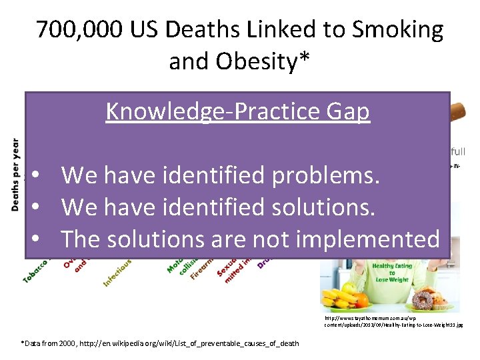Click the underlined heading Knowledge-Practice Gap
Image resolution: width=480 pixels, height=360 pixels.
(x=237, y=111)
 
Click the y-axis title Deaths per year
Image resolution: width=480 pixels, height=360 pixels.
(x=15, y=175)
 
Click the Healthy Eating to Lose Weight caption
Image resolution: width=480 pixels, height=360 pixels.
(x=393, y=273)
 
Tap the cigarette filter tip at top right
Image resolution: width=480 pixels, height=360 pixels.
(x=461, y=109)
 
